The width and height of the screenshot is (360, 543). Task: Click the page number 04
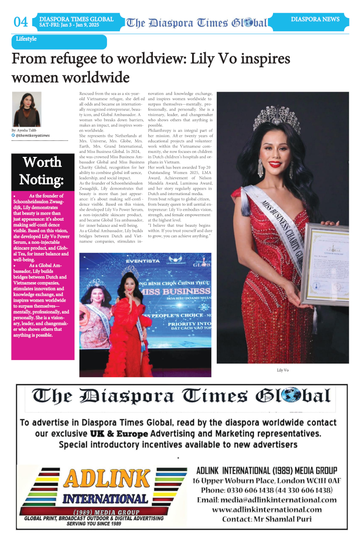(21, 22)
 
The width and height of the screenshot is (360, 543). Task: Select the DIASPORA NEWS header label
(315, 20)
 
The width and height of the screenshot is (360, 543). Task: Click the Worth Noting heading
(42, 171)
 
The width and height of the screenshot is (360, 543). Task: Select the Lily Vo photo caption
(283, 370)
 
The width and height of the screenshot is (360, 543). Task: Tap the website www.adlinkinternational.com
(266, 509)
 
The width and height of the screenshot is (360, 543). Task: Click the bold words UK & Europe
(119, 433)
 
